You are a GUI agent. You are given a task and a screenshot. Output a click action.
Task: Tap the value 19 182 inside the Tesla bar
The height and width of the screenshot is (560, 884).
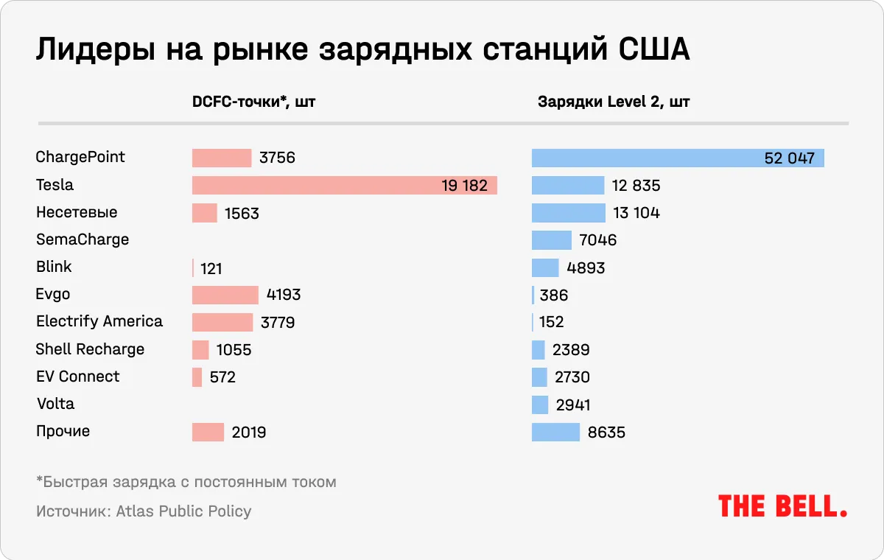click(x=464, y=186)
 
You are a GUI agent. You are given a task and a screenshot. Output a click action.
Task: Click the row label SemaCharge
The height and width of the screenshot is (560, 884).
click(x=83, y=239)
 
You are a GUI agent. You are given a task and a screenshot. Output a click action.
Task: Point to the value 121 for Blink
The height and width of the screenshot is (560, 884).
click(x=211, y=268)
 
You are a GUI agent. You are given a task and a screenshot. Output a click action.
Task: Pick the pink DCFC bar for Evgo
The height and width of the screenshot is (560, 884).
click(x=225, y=295)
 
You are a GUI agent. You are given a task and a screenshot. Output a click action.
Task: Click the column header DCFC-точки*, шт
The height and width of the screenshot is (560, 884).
click(x=253, y=102)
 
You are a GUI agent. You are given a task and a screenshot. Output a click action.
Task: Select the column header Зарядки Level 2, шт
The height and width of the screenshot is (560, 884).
click(x=614, y=102)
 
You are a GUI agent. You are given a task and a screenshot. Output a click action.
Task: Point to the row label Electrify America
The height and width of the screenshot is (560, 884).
click(x=99, y=322)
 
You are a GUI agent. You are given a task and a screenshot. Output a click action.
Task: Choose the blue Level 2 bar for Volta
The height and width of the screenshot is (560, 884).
click(x=540, y=405)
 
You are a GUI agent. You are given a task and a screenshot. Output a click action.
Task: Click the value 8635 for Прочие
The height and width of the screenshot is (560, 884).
click(x=606, y=433)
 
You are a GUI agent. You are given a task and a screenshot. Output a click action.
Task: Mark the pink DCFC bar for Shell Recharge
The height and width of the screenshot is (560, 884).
click(x=200, y=350)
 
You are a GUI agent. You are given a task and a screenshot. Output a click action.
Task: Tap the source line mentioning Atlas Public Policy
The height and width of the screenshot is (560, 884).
click(x=144, y=511)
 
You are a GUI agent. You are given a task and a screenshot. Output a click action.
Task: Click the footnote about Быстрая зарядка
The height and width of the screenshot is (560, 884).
click(x=186, y=483)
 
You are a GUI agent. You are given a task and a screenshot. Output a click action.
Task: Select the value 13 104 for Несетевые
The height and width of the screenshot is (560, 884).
click(x=636, y=213)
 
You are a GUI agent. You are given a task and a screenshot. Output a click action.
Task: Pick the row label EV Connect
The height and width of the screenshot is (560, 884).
click(x=77, y=377)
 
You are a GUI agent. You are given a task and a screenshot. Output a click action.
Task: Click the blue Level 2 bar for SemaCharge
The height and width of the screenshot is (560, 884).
click(x=551, y=240)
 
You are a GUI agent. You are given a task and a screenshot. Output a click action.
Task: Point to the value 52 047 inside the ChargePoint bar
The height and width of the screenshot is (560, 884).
click(x=789, y=158)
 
